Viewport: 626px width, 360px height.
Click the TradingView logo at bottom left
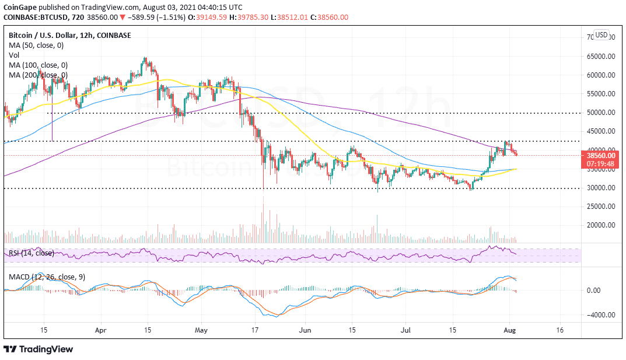pyautogui.click(x=39, y=349)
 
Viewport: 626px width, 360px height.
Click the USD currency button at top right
pyautogui.click(x=601, y=35)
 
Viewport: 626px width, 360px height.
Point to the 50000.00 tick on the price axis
pyautogui.click(x=601, y=113)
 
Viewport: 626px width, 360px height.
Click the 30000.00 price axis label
pyautogui.click(x=601, y=188)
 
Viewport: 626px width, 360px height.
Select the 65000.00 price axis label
pyautogui.click(x=601, y=57)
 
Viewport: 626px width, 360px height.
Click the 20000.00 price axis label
pyautogui.click(x=601, y=225)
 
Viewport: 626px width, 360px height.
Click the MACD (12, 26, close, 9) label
pyautogui.click(x=47, y=277)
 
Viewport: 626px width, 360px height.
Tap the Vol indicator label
pyautogui.click(x=15, y=55)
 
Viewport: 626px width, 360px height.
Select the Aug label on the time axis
pyautogui.click(x=513, y=330)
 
